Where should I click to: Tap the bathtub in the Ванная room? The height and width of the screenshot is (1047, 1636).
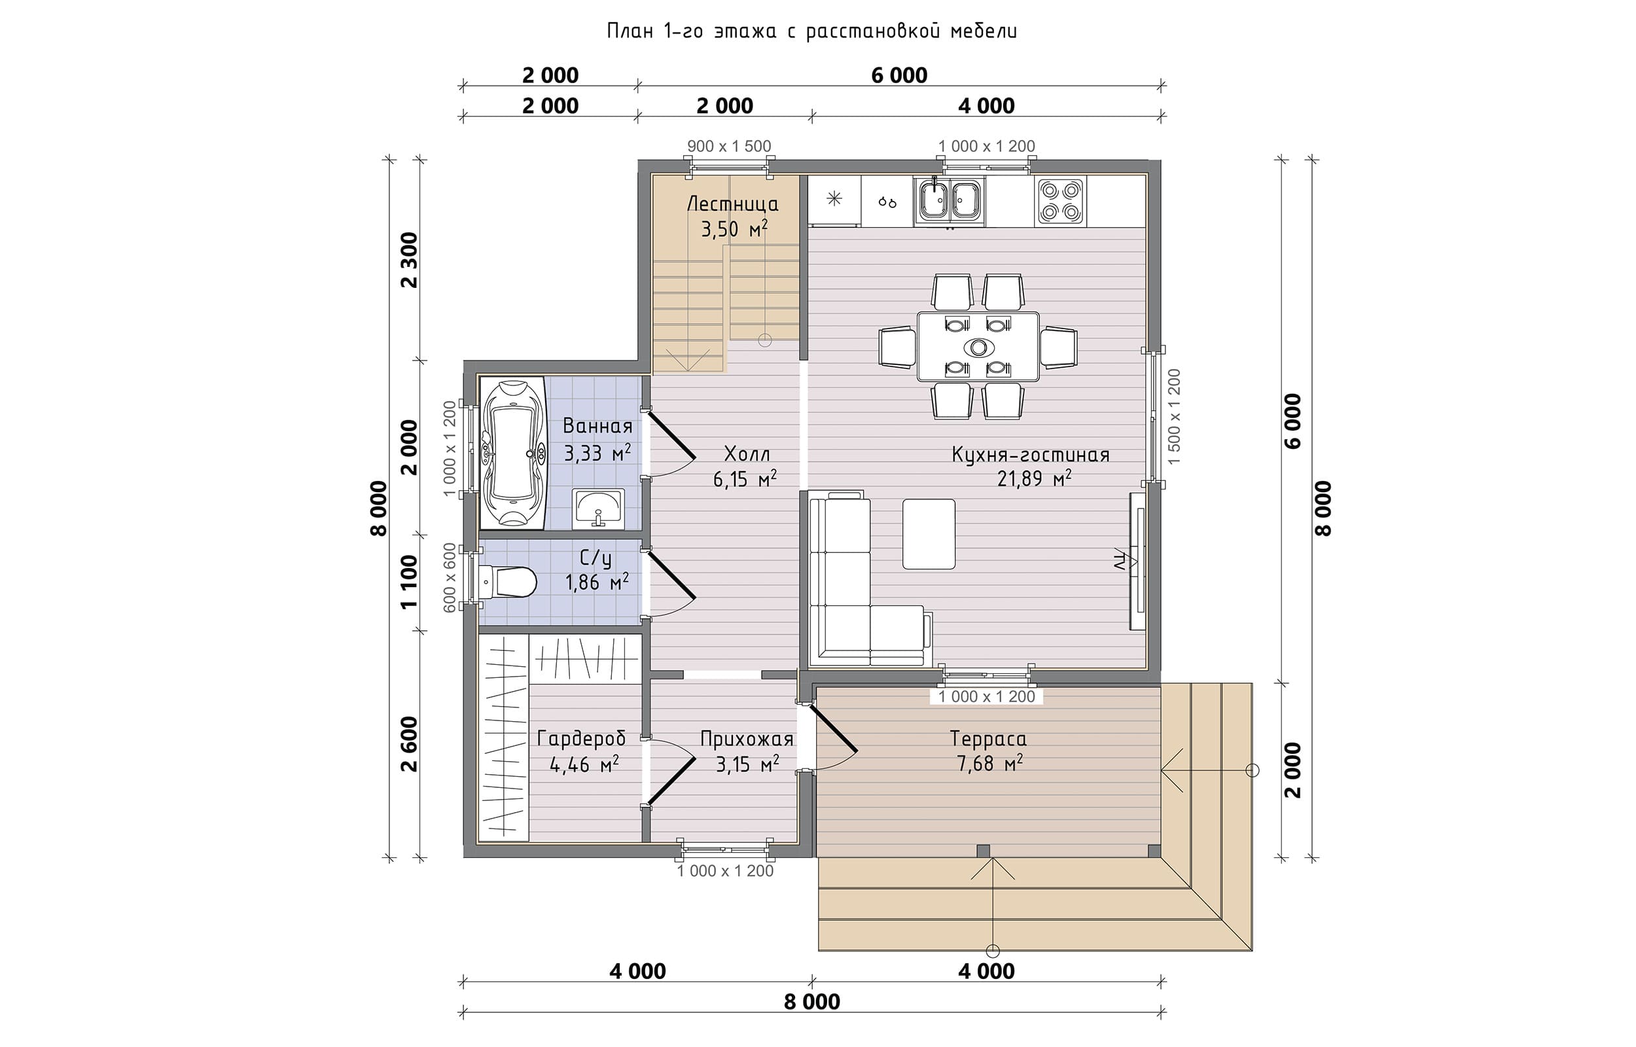click(512, 453)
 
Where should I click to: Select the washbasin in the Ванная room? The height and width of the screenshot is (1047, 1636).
click(598, 508)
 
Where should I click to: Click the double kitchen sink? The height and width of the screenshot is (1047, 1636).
click(950, 200)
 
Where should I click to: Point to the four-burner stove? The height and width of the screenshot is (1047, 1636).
click(1060, 200)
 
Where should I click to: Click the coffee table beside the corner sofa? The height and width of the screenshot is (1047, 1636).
click(929, 534)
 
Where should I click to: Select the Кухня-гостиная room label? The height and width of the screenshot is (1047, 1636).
click(1031, 455)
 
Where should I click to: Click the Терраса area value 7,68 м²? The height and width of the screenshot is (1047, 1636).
click(989, 764)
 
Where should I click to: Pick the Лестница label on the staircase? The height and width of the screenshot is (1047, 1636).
click(733, 204)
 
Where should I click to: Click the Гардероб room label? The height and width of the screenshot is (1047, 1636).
click(581, 739)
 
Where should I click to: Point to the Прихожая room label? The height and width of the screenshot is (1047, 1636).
click(747, 739)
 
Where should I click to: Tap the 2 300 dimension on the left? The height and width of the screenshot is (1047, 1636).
click(410, 260)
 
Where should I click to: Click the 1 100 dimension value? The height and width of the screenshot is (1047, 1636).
click(409, 582)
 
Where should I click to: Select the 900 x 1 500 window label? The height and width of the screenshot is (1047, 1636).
click(728, 146)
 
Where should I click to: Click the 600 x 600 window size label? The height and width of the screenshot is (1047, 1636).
click(450, 578)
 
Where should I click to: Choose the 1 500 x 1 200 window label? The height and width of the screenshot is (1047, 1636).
click(1174, 417)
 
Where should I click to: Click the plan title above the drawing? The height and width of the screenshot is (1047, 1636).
click(811, 31)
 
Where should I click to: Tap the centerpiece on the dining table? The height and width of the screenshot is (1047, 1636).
click(979, 347)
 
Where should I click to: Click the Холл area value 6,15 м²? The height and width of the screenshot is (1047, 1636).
click(745, 479)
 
